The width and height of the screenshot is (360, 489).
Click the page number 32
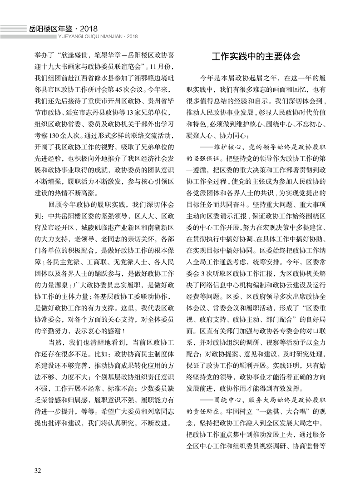[x=38, y=469]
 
